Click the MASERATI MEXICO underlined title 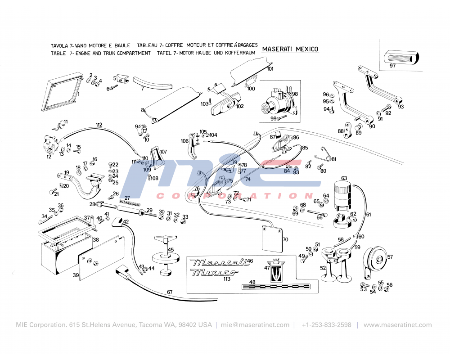pos(290,49)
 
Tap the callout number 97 pos(392,66)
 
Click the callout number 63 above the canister pos(344,178)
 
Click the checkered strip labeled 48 pos(275,286)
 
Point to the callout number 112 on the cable pos(99,125)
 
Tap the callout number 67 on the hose pos(170,292)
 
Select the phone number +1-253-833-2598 pos(326,325)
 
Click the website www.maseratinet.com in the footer pos(397,325)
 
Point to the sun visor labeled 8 pos(173,103)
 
